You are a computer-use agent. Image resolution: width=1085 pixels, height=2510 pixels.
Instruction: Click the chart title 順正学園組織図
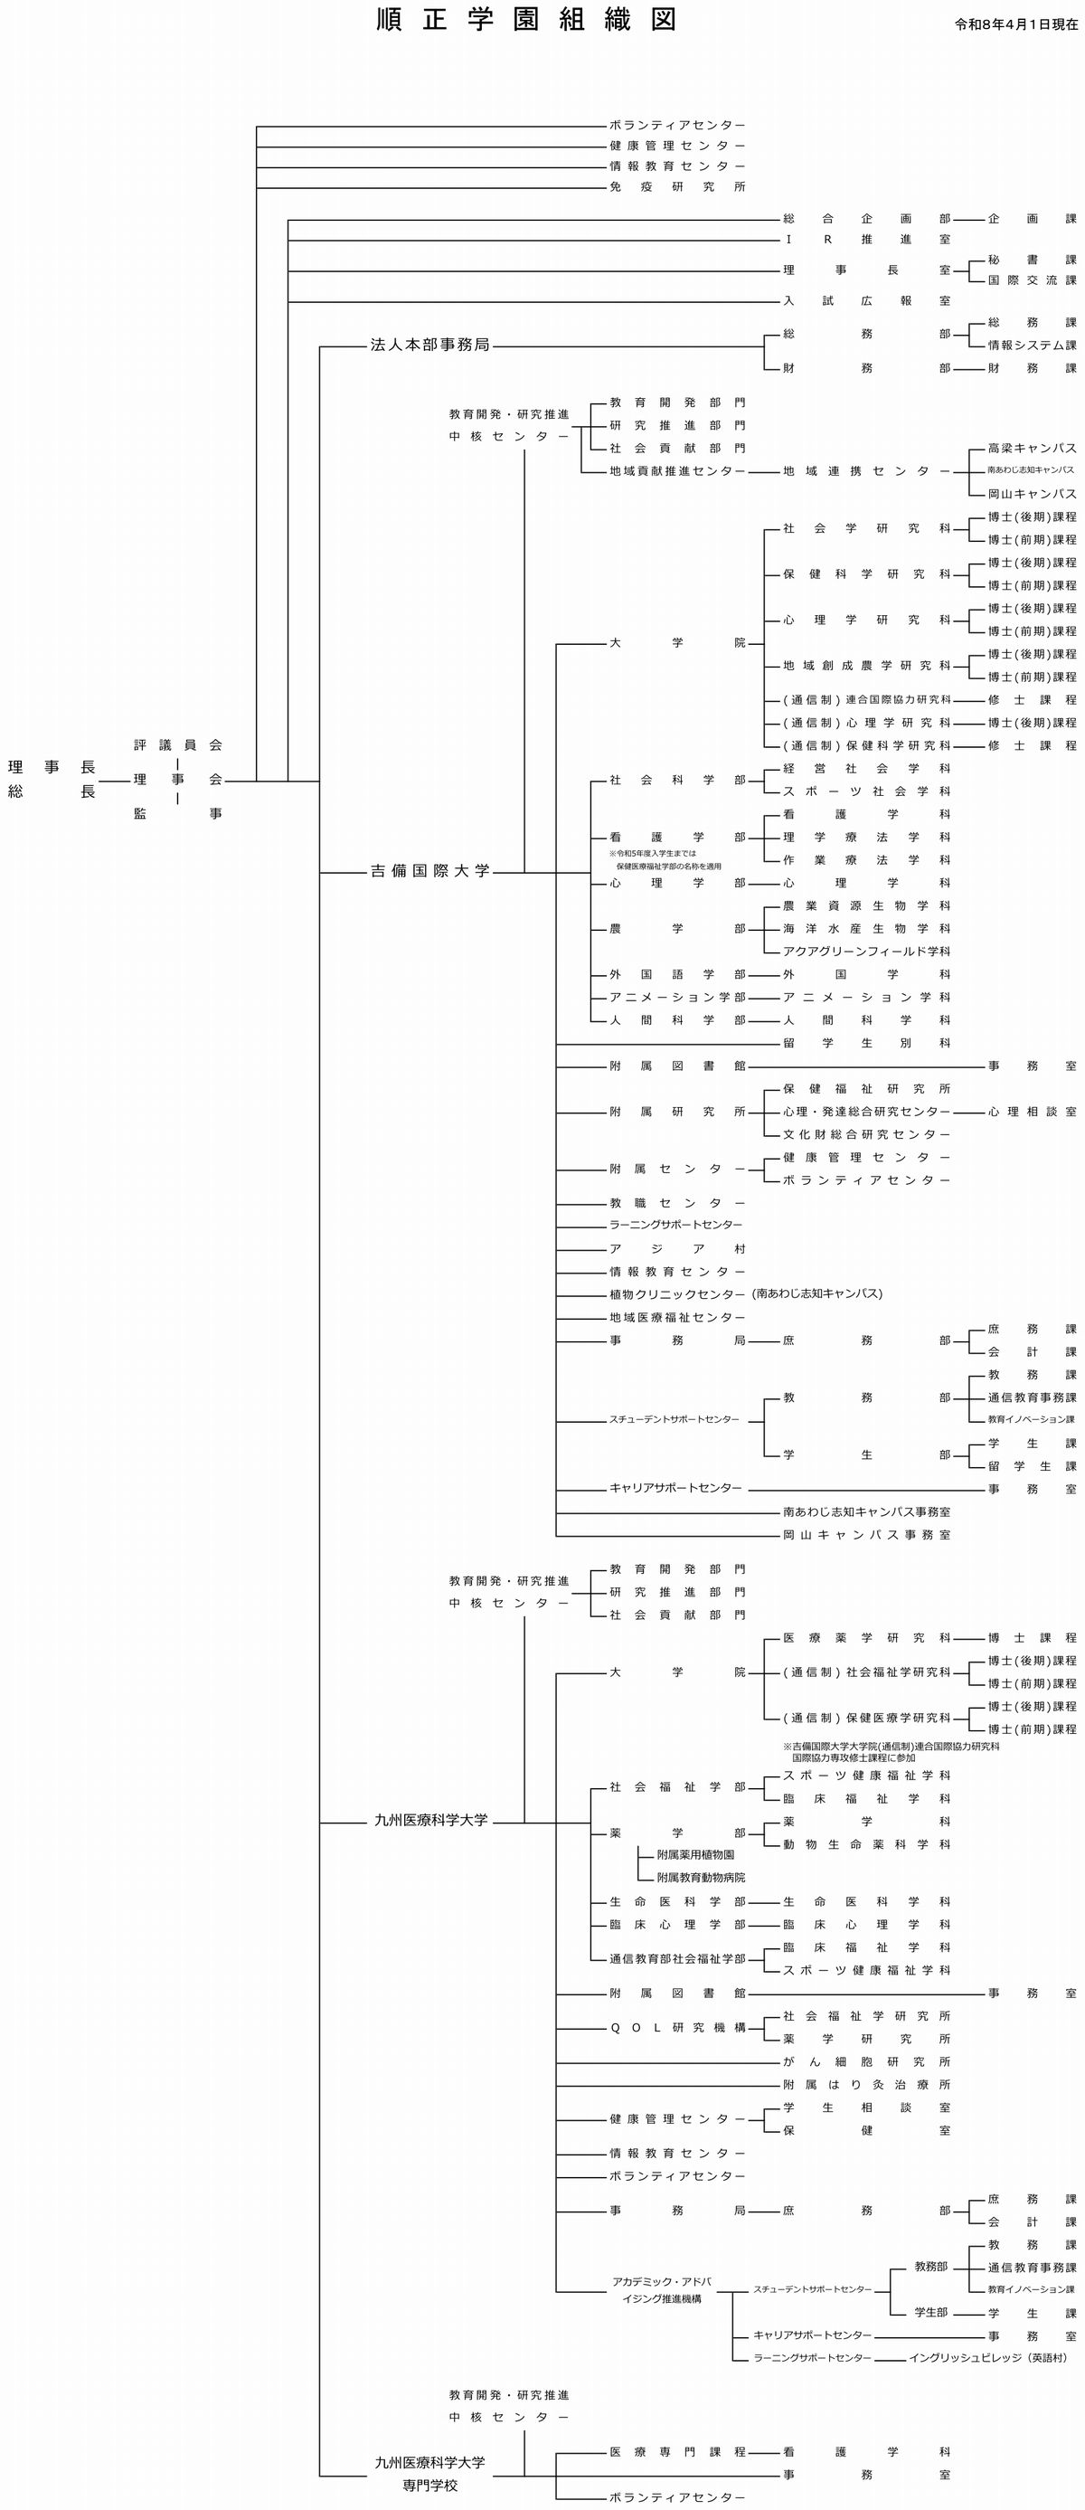(x=526, y=21)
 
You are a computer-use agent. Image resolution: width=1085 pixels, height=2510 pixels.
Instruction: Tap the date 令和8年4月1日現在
(x=1016, y=24)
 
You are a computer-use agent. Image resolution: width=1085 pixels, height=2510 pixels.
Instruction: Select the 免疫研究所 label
(x=677, y=187)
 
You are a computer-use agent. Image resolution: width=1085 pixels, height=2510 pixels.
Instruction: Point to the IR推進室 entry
(x=867, y=240)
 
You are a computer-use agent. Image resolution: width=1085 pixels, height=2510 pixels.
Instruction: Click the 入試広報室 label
(x=867, y=301)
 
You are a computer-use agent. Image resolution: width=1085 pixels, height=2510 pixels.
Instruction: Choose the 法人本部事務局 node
(x=429, y=345)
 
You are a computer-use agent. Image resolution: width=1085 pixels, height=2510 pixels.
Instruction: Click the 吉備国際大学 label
(x=429, y=871)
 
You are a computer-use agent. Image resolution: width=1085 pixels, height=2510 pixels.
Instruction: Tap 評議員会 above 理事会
(x=178, y=745)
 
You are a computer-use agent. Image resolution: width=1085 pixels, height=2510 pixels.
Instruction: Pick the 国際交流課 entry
(x=1033, y=280)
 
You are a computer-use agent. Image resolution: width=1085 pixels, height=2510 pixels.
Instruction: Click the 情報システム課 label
(x=1033, y=345)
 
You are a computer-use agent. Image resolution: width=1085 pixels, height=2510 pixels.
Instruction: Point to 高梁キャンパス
(x=1033, y=449)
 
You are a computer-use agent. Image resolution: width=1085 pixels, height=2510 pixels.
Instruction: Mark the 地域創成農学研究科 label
(x=867, y=666)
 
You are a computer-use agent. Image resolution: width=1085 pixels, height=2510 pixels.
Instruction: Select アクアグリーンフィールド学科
(x=867, y=951)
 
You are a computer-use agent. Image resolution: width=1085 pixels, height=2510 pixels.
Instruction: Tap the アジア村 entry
(x=677, y=1249)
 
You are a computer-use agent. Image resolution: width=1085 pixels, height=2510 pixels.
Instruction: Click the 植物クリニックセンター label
(x=677, y=1295)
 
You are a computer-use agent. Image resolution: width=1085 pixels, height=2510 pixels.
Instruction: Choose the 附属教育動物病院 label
(x=702, y=1877)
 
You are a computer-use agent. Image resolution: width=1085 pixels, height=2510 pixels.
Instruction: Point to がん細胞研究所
(x=867, y=2061)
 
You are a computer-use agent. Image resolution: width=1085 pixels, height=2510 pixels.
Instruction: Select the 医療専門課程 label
(x=677, y=2451)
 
